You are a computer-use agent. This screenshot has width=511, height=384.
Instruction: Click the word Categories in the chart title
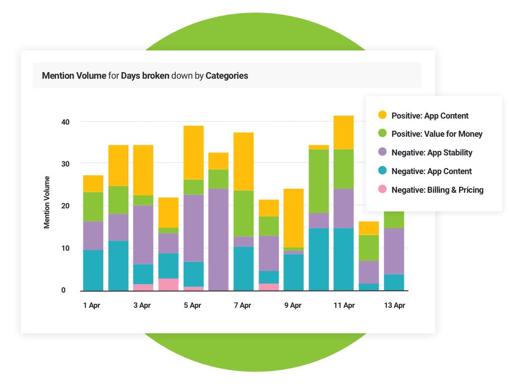pos(227,76)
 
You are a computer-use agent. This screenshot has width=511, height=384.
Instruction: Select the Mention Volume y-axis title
pos(47,202)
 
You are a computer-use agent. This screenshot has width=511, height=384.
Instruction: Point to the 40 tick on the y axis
pos(66,122)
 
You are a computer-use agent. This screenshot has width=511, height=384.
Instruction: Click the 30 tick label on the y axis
pos(66,163)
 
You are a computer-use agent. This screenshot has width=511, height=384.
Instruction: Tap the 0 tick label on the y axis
pos(64,290)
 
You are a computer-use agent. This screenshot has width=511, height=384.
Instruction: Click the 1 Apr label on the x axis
pos(92,305)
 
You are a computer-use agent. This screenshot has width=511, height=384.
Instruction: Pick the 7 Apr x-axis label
pos(243,305)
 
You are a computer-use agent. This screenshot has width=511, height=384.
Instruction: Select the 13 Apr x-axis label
pos(394,305)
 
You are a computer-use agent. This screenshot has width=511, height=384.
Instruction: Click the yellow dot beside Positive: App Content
pos(382,116)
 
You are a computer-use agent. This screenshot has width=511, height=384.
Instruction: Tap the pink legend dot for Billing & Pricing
pos(382,190)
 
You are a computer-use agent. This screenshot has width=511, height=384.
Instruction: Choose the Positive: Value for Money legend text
pos(437,134)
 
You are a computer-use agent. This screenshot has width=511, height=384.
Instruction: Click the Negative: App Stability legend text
pos(432,153)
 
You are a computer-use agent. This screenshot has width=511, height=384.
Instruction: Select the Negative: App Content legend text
pos(431,171)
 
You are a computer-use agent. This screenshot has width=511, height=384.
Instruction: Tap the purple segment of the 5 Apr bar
pos(193,228)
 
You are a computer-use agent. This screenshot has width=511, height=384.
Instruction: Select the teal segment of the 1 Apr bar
pos(93,270)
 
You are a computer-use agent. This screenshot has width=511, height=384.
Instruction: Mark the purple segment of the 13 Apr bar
pos(394,251)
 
